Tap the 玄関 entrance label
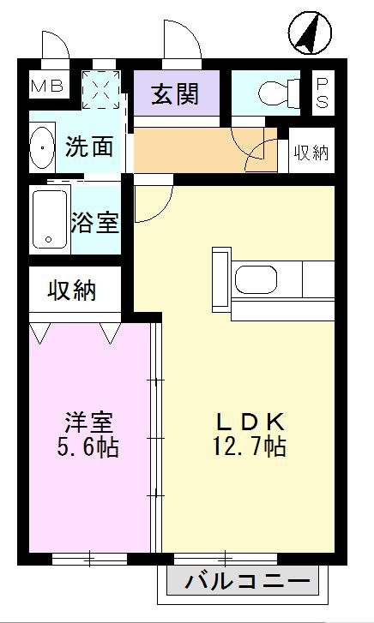point(175,93)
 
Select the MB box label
point(47,87)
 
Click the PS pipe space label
point(323,91)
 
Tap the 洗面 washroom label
point(89,147)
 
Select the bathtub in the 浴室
point(49,219)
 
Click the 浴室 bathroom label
point(95,222)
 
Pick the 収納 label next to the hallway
point(311,153)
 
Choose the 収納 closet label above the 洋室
point(71,291)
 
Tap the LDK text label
point(249,422)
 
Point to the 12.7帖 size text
point(249,446)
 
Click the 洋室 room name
point(89,422)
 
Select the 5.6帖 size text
point(89,446)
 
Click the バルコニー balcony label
point(247,583)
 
